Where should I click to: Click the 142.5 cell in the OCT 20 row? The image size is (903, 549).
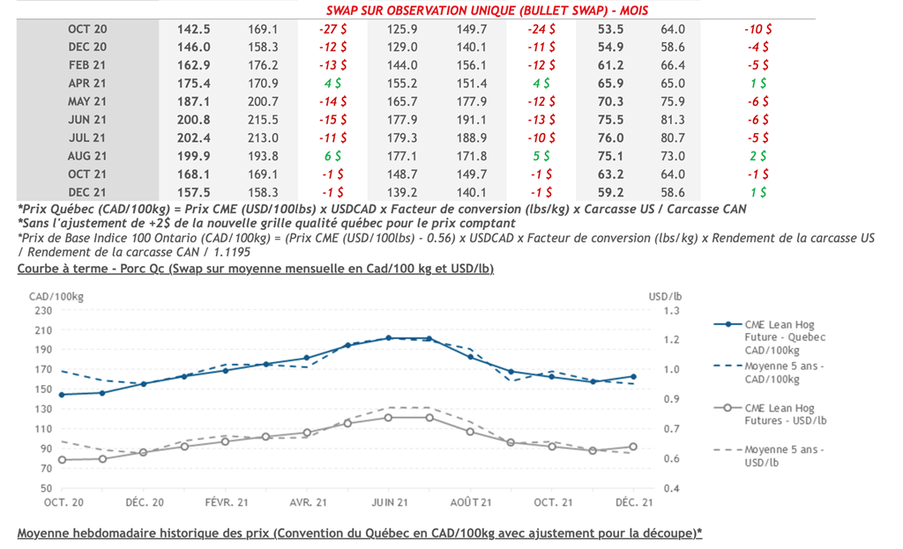pos(194,29)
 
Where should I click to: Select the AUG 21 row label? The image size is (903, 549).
pos(87,156)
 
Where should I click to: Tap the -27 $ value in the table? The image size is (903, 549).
pos(332,29)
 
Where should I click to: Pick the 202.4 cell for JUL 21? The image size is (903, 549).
pos(194,137)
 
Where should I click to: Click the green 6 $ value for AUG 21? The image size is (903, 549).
pos(332,156)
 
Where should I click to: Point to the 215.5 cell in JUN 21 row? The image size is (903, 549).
pos(263,120)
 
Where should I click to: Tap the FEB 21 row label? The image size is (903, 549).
pos(87,65)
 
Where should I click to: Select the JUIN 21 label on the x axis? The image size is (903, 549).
pos(388,502)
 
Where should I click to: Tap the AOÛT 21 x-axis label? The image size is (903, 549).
pos(470,502)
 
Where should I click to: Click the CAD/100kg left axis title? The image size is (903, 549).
pos(49,294)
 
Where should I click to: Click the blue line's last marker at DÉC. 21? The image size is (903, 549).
pos(634,377)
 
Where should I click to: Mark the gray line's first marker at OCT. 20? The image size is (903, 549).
pos(62,460)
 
